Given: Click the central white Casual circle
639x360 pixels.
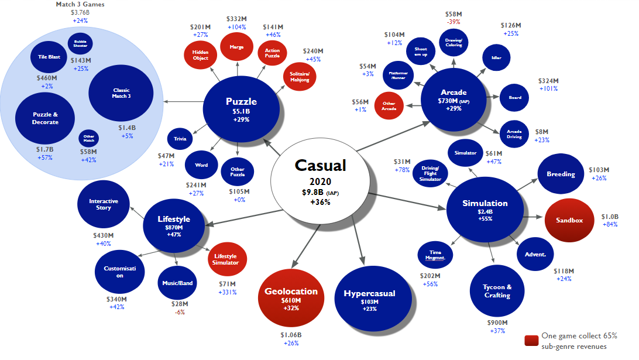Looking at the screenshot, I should tap(320, 181).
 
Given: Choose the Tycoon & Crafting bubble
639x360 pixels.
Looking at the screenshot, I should tap(497, 291).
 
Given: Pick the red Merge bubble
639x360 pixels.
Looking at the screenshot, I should tap(236, 47).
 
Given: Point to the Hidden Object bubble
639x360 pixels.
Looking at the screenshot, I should tap(200, 55).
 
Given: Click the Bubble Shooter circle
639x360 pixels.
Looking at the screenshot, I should tap(80, 43).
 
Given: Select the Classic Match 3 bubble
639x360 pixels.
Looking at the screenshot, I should tap(121, 93).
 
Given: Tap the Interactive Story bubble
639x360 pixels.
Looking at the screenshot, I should tap(104, 204).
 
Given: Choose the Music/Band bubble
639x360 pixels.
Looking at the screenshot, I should tap(177, 283).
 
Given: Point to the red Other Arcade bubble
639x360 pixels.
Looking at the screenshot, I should tap(389, 106).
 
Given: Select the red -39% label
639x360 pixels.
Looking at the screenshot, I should tap(453, 22).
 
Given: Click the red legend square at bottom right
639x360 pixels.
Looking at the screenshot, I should tap(531, 341).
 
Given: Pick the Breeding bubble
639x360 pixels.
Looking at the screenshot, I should tap(560, 174).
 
